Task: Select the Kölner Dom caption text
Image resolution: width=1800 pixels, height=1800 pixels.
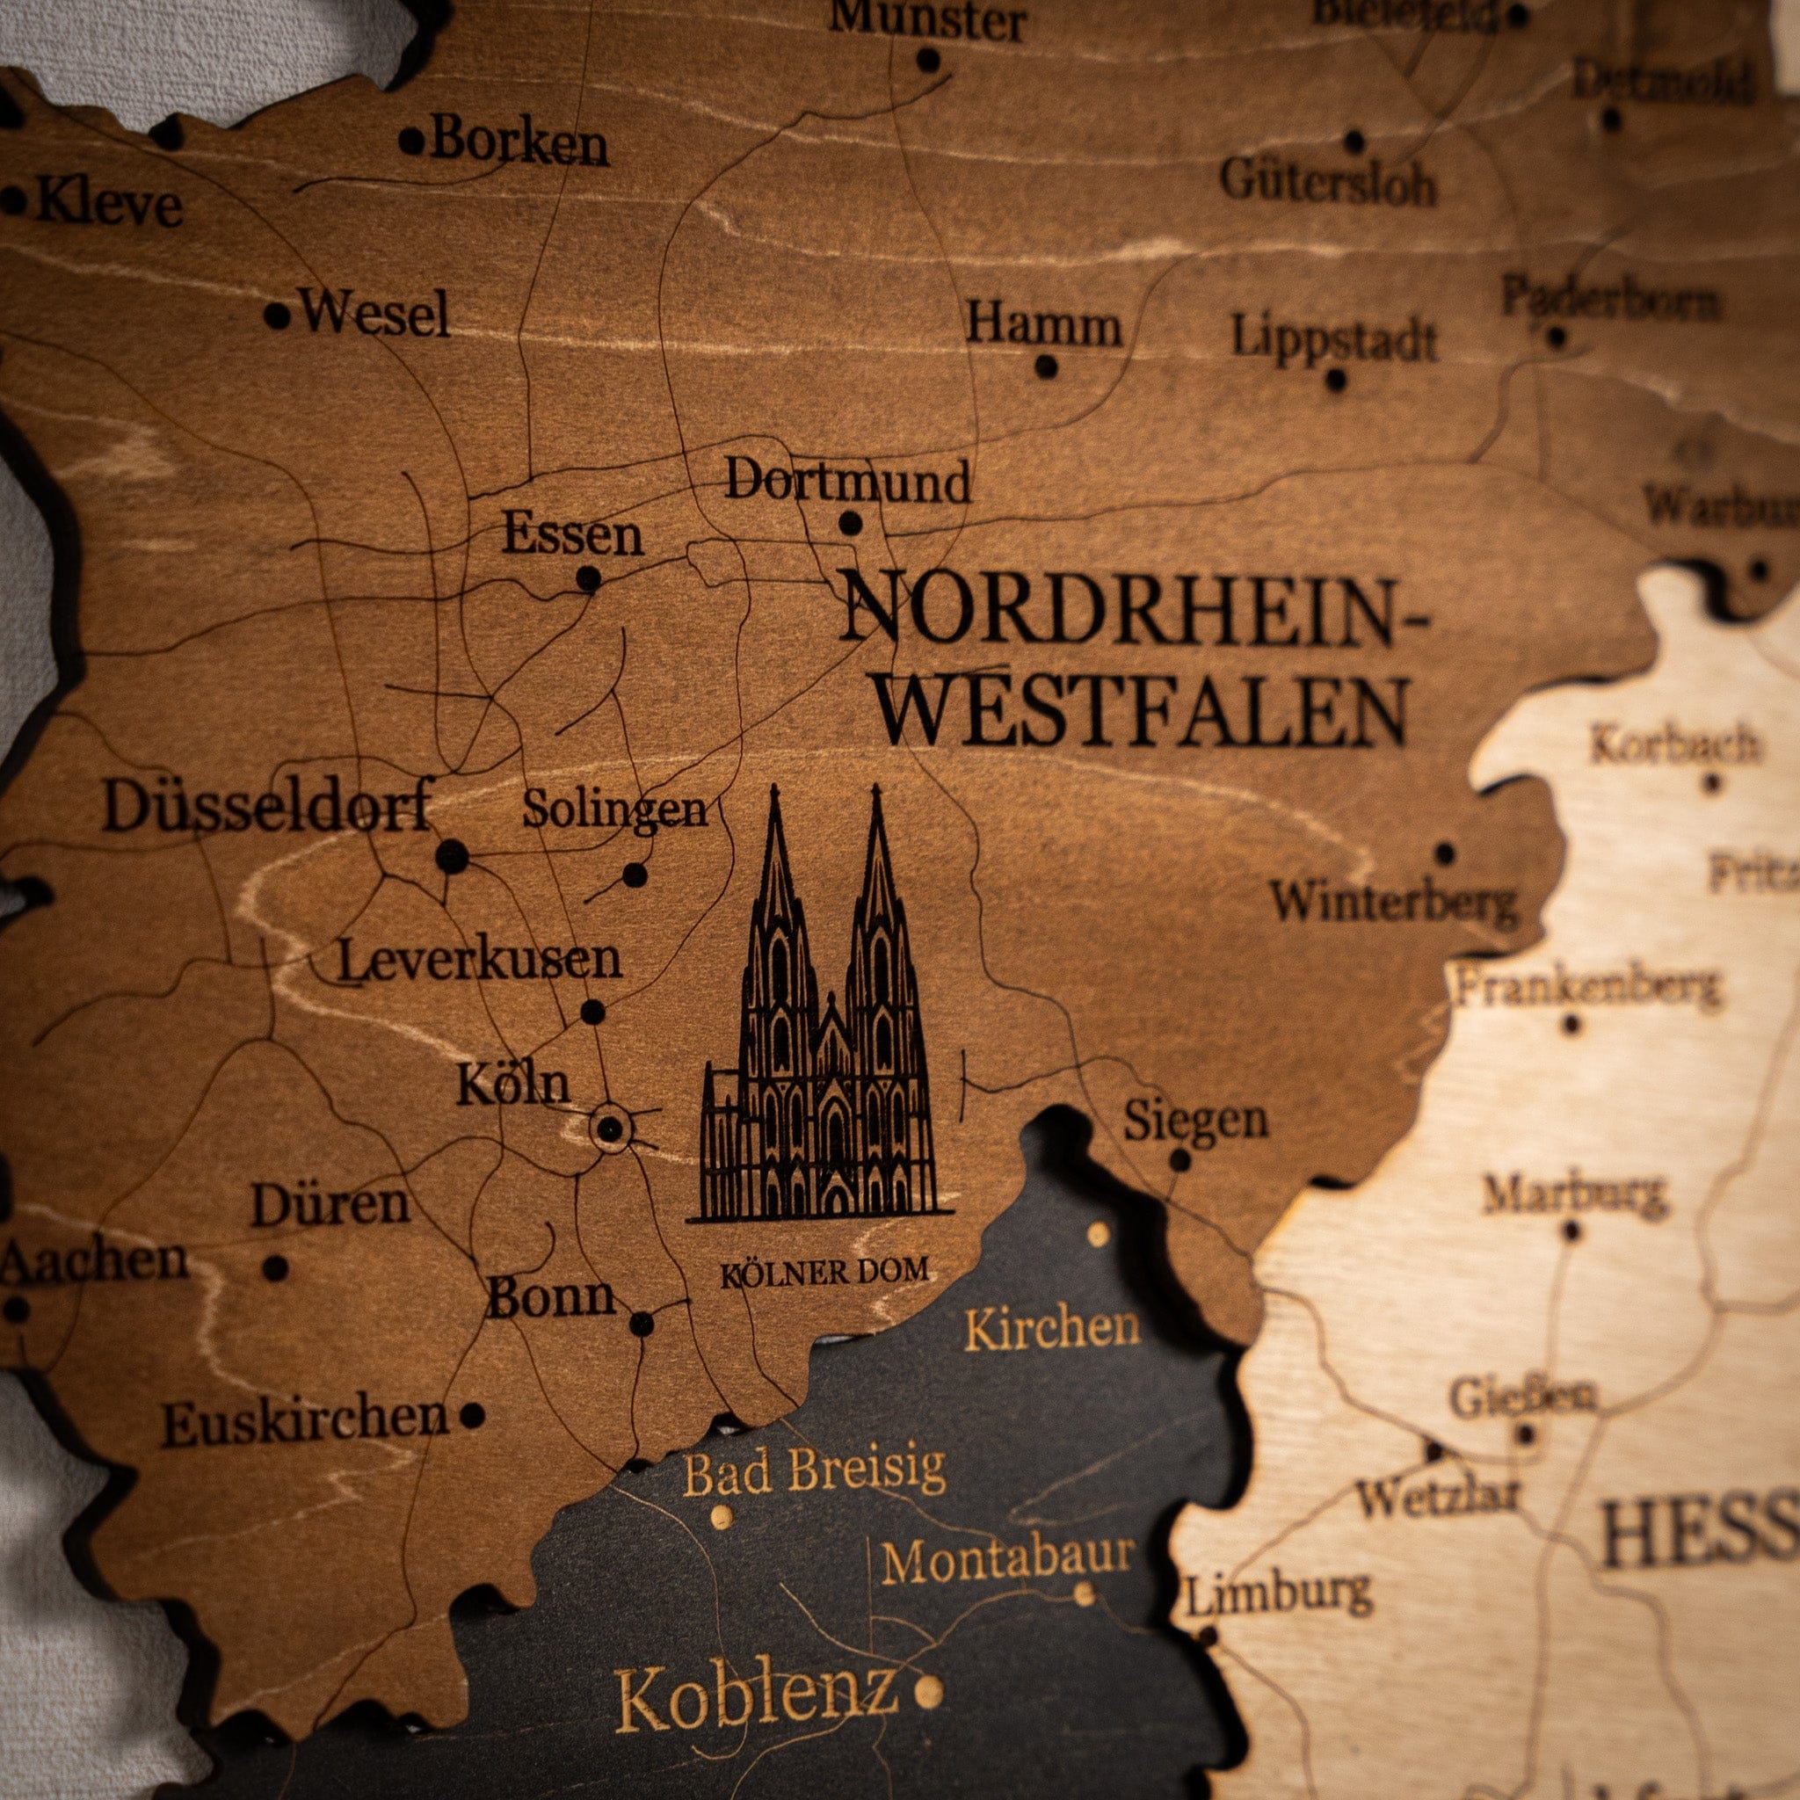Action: [x=824, y=1272]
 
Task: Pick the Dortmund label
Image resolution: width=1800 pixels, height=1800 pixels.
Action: [x=847, y=482]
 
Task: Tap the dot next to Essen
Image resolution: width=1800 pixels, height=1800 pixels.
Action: [x=588, y=579]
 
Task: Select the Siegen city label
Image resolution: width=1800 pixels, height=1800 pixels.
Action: [x=1194, y=1121]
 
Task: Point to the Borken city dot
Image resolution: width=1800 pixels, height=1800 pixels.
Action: [x=410, y=142]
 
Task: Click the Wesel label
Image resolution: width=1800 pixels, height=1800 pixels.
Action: [x=374, y=313]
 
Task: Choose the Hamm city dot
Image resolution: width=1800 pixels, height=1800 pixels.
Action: [x=1046, y=367]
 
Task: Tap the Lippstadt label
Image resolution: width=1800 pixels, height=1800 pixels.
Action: [x=1334, y=337]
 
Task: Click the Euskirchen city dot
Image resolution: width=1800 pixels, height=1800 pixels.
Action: [x=472, y=1415]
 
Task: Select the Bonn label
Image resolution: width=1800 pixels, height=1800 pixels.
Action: [x=550, y=1297]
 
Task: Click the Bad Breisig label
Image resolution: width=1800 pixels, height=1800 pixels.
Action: [x=813, y=1473]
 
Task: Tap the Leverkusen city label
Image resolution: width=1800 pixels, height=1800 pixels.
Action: [x=479, y=960]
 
